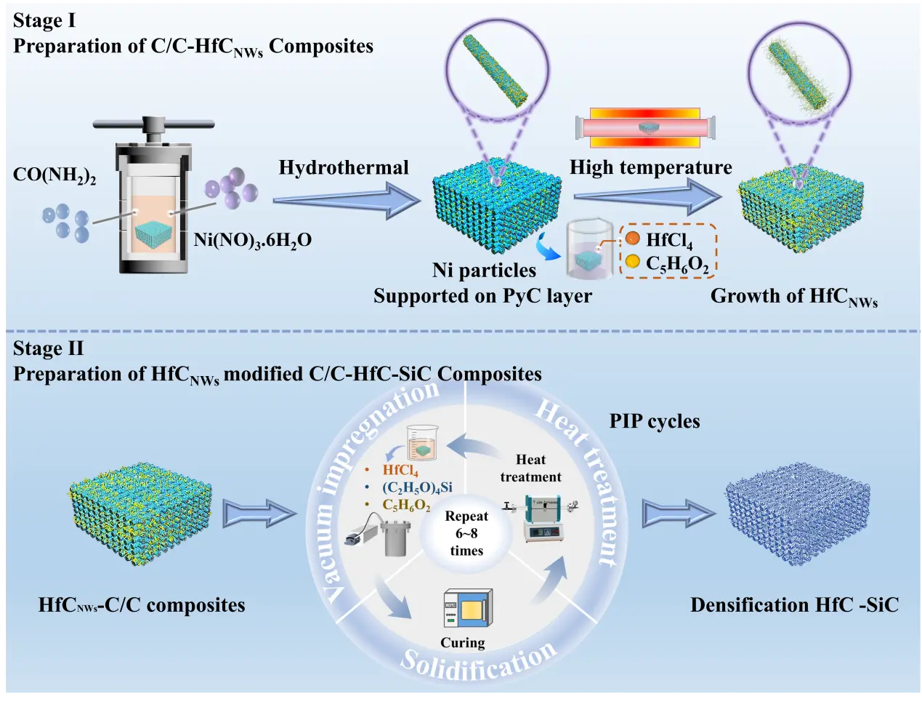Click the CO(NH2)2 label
click(x=54, y=175)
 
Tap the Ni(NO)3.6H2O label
click(x=252, y=240)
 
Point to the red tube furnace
click(x=646, y=128)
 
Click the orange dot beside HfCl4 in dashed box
click(x=633, y=239)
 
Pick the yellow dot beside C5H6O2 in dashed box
click(x=633, y=261)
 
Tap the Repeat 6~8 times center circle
click(x=466, y=533)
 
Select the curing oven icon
click(x=467, y=609)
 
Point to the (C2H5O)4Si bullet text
click(x=417, y=487)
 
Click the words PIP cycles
click(x=654, y=421)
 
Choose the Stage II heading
click(x=48, y=348)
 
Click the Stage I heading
click(x=44, y=20)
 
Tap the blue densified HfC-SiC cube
click(x=797, y=512)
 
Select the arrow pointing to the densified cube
click(x=678, y=514)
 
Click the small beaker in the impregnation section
click(x=422, y=443)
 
